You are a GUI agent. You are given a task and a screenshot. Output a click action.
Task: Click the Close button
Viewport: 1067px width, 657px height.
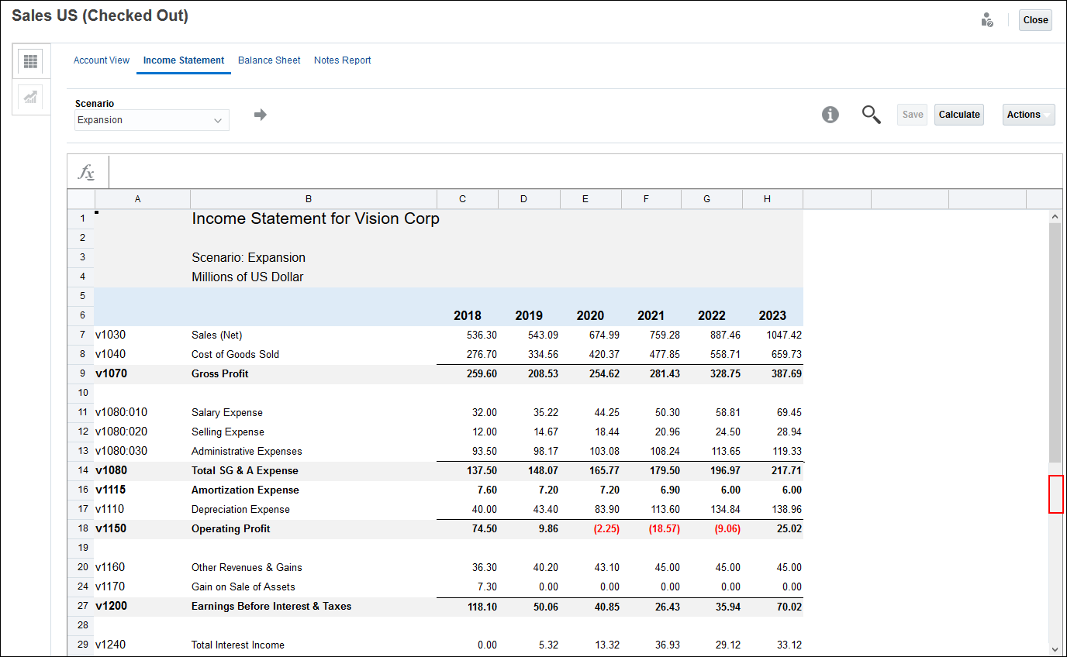coord(1035,20)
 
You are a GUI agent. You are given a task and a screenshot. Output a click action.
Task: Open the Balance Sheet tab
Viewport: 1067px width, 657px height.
coord(269,60)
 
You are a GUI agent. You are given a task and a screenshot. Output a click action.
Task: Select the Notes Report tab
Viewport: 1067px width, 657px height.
coord(342,60)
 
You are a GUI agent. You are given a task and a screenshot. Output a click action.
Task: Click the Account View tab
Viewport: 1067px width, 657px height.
coord(102,60)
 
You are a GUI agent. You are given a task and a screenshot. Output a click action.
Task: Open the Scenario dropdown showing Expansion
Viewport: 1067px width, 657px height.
coord(152,120)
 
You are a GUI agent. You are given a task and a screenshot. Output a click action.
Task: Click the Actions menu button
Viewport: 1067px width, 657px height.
coord(1028,115)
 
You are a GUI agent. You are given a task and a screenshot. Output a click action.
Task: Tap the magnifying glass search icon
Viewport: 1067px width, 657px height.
coord(872,115)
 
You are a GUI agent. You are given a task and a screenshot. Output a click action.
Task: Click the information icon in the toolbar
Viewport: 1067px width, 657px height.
coord(830,115)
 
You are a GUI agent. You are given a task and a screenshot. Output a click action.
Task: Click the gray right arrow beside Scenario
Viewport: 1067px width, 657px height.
coord(261,115)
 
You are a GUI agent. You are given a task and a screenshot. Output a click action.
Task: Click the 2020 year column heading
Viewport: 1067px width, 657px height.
coord(590,316)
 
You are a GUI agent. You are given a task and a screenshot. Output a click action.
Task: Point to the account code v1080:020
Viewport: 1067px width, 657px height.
coord(122,432)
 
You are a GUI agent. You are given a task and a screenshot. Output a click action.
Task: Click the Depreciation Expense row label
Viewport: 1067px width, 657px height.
coord(240,510)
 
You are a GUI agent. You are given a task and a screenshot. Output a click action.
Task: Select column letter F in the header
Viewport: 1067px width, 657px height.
coord(646,199)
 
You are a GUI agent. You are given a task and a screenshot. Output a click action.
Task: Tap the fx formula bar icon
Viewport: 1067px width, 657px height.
coord(87,173)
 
